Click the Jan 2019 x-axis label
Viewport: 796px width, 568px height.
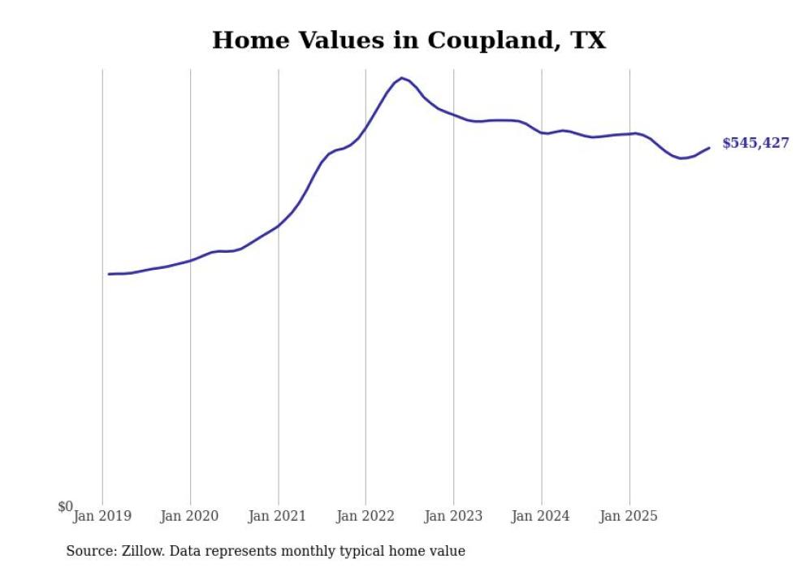[x=102, y=516]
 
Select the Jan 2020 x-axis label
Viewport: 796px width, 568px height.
[x=190, y=516]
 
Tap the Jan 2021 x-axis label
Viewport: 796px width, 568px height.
[x=278, y=516]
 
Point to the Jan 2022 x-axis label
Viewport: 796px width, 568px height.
[x=366, y=516]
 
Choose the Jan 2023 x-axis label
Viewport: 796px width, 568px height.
[x=453, y=516]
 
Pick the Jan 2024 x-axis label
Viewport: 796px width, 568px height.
[x=541, y=516]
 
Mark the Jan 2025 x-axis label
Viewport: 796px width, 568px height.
[x=629, y=516]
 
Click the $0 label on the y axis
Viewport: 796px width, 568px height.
[x=65, y=507]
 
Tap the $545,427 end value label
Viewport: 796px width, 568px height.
[x=755, y=143]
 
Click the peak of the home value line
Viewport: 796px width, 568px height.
[x=401, y=78]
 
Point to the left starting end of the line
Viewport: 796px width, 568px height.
[x=109, y=274]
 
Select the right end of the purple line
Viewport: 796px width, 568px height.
[x=709, y=148]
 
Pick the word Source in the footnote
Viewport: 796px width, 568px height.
[x=90, y=551]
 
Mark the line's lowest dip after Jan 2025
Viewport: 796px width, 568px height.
[x=682, y=158]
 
